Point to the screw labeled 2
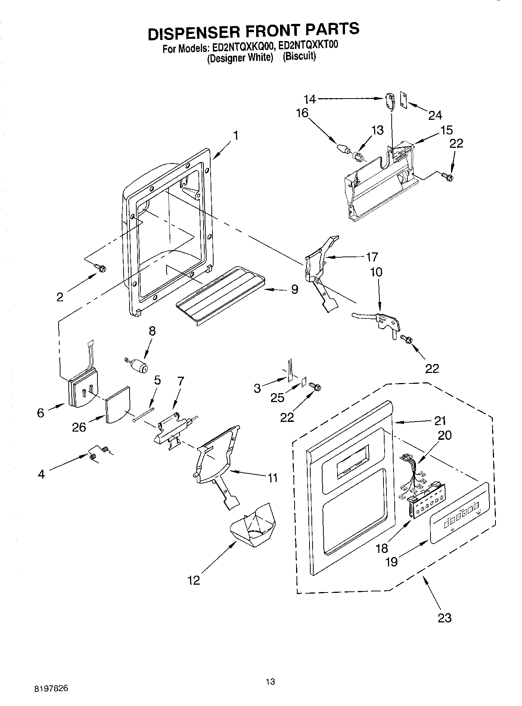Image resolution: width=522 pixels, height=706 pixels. pyautogui.click(x=100, y=267)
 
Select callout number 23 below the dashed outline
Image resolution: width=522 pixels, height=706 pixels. pyautogui.click(x=444, y=618)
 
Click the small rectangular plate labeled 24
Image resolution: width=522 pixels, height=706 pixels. pyautogui.click(x=404, y=100)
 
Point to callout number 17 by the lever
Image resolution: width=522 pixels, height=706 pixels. pyautogui.click(x=372, y=257)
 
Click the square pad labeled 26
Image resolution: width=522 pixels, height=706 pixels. pyautogui.click(x=118, y=405)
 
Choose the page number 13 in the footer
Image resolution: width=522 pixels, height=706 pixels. pyautogui.click(x=270, y=682)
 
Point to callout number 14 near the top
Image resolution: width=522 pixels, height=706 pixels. pyautogui.click(x=310, y=99)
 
